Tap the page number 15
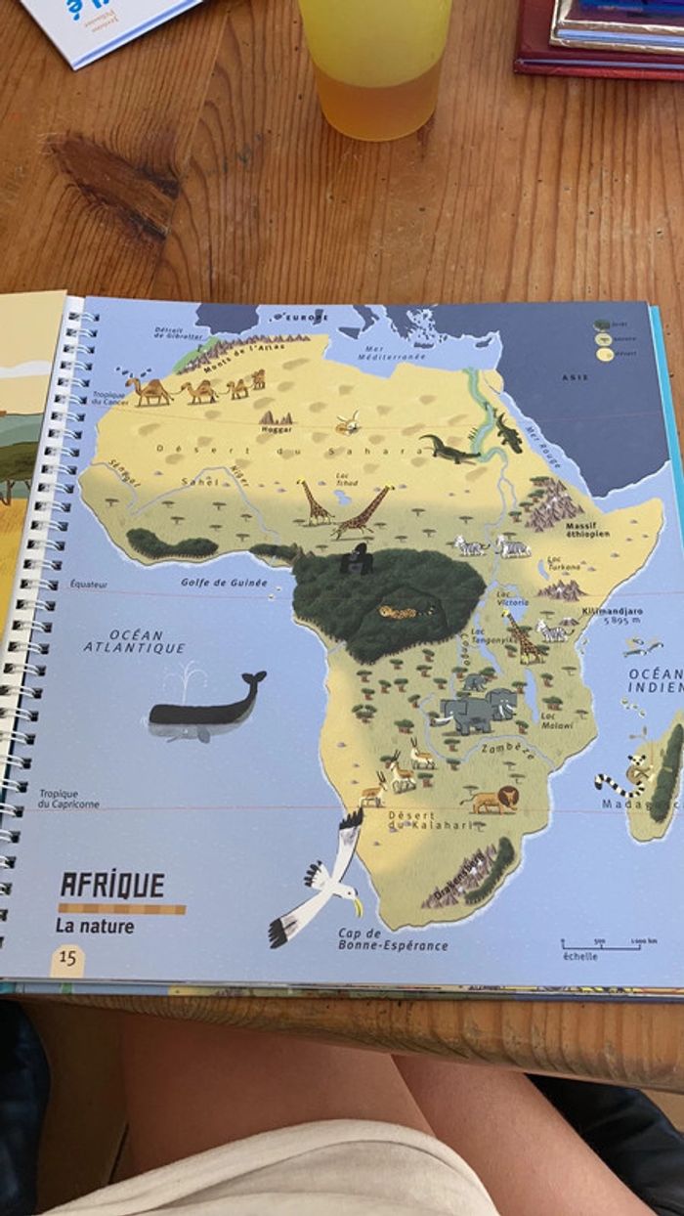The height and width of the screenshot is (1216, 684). click(67, 958)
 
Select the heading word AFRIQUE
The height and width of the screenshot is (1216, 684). click(112, 886)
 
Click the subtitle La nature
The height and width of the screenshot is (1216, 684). click(95, 926)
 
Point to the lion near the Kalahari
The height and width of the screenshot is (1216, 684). click(492, 801)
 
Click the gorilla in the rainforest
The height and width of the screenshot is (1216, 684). click(356, 559)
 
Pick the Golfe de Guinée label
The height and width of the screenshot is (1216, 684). click(224, 583)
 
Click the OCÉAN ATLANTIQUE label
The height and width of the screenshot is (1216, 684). click(135, 641)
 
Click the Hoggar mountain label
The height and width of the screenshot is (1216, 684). click(277, 428)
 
